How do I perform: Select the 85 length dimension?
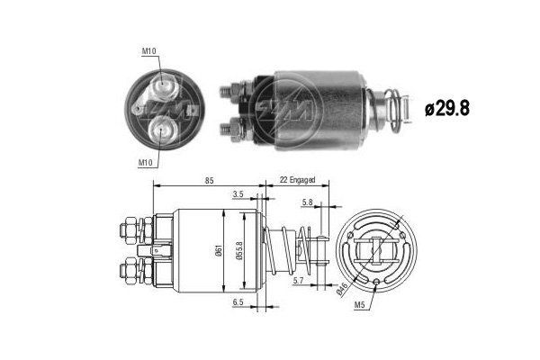[208, 181]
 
